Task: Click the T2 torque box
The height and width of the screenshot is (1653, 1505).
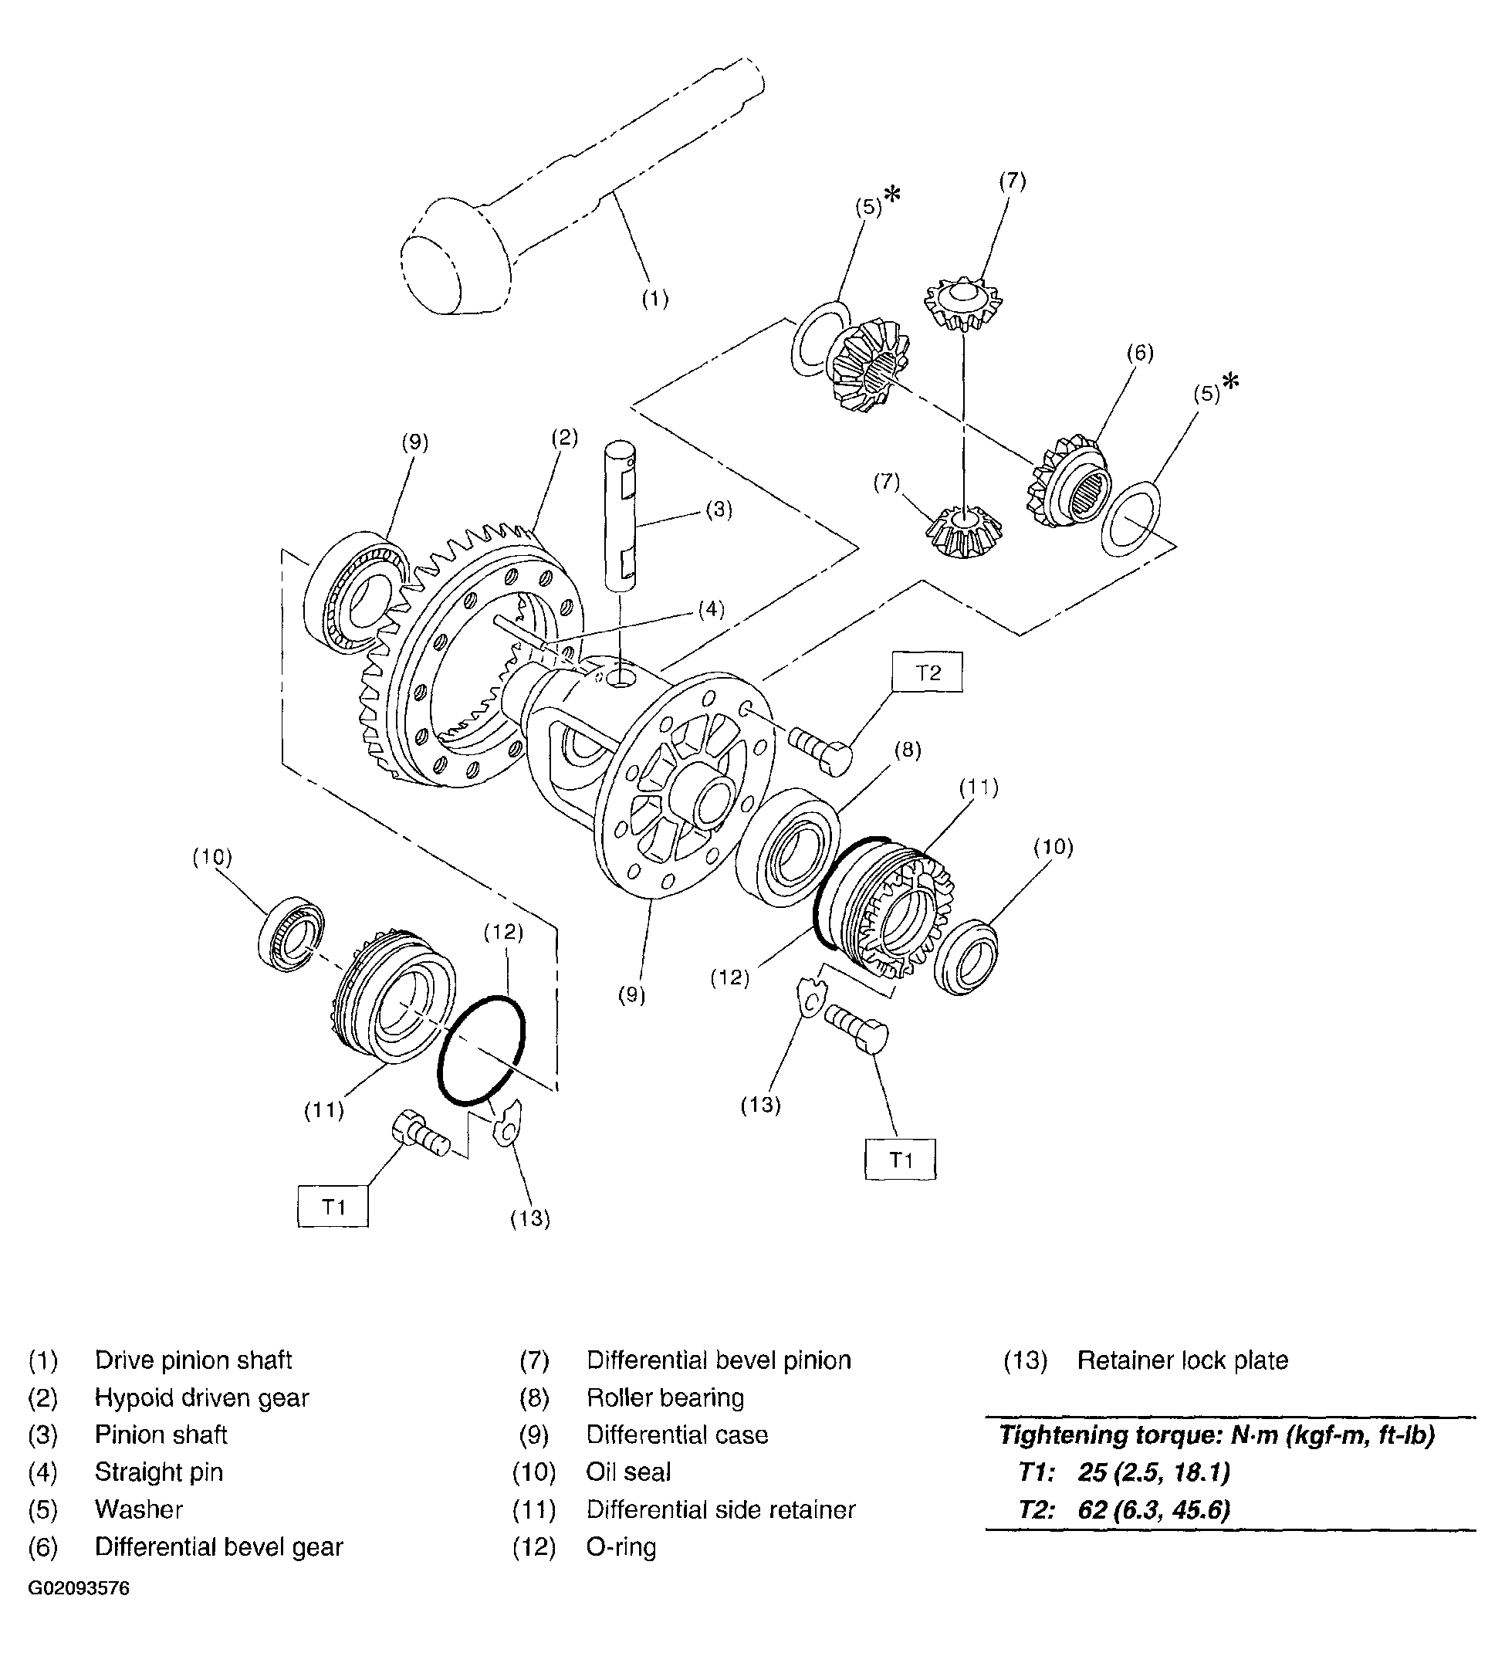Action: coord(928,672)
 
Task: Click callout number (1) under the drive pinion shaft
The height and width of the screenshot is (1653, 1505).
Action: coord(654,300)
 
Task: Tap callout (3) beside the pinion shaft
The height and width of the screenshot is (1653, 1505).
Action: coord(719,510)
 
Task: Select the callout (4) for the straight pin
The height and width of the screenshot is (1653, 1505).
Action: coord(711,608)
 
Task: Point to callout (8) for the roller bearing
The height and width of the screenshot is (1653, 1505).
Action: coord(908,750)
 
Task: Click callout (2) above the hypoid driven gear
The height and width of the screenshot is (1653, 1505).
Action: coord(564,437)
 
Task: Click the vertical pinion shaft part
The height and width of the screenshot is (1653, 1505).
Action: coord(621,516)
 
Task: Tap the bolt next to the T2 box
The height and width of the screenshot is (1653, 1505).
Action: coord(820,747)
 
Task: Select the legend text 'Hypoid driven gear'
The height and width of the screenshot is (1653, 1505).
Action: coord(201,1397)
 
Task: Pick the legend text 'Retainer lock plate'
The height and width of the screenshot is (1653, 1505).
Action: coord(1182,1360)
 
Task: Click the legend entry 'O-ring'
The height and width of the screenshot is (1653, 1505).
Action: coord(621,1546)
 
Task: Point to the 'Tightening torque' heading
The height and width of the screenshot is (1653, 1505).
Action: coord(1216,1435)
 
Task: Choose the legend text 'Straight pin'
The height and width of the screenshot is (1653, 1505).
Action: coord(159,1472)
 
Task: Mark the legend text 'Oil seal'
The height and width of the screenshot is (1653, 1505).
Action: coord(628,1472)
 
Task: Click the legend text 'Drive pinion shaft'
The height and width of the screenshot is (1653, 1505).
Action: coord(194,1360)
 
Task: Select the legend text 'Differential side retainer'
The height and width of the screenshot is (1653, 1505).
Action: coord(721,1509)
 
